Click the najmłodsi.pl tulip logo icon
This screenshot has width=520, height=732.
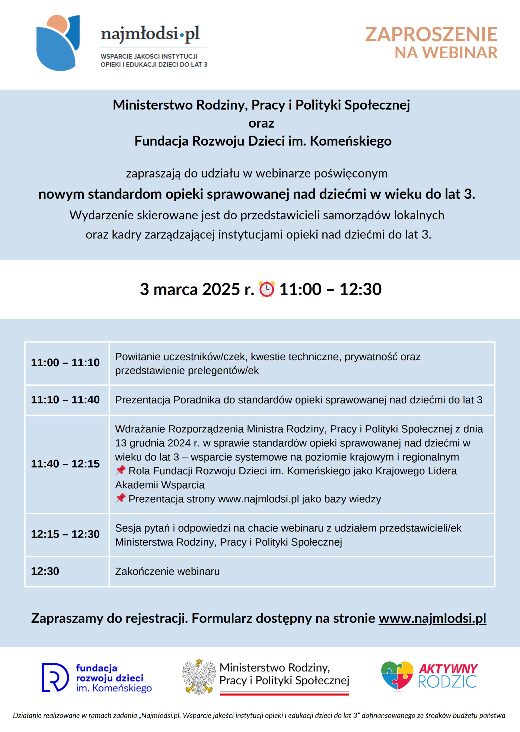point(58,43)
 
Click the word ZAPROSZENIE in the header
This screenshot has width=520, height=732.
point(431,35)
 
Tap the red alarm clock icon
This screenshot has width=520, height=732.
point(266,289)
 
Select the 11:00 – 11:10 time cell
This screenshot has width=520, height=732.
point(65,363)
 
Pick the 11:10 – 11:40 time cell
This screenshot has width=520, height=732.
point(65,400)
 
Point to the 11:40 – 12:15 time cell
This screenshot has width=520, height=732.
point(65,464)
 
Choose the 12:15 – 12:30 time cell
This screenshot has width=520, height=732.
point(65,534)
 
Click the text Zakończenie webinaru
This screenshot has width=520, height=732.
point(167,571)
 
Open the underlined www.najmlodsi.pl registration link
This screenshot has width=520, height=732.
point(432,618)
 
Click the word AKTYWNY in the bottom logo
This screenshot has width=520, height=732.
point(448,669)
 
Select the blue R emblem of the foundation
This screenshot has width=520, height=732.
point(55,677)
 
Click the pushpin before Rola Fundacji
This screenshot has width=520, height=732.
point(120,470)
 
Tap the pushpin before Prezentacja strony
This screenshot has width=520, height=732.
point(120,498)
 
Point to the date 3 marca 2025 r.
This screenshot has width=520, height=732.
point(197,289)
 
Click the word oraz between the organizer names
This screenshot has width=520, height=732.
point(261,123)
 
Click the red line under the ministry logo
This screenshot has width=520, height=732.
point(284,694)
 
